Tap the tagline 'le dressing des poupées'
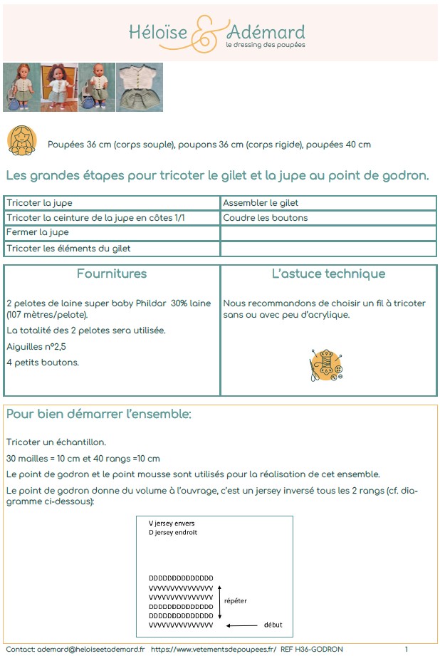[265, 45]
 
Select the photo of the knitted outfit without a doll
[140, 87]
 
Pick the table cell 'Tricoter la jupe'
[39, 203]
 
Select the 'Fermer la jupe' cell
[38, 232]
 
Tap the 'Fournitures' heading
[112, 274]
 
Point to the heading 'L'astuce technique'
[328, 274]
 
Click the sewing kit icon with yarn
[327, 364]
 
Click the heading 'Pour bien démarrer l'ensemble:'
[98, 414]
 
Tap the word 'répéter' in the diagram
[236, 600]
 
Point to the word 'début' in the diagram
[273, 625]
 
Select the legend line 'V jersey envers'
[172, 524]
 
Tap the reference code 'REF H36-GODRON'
[312, 649]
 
